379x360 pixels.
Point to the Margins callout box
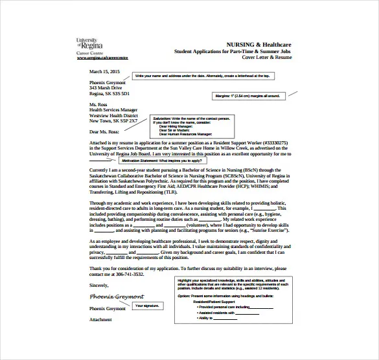click(247, 96)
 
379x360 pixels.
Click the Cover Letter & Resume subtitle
click(268, 58)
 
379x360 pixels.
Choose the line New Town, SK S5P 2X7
click(113, 120)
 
